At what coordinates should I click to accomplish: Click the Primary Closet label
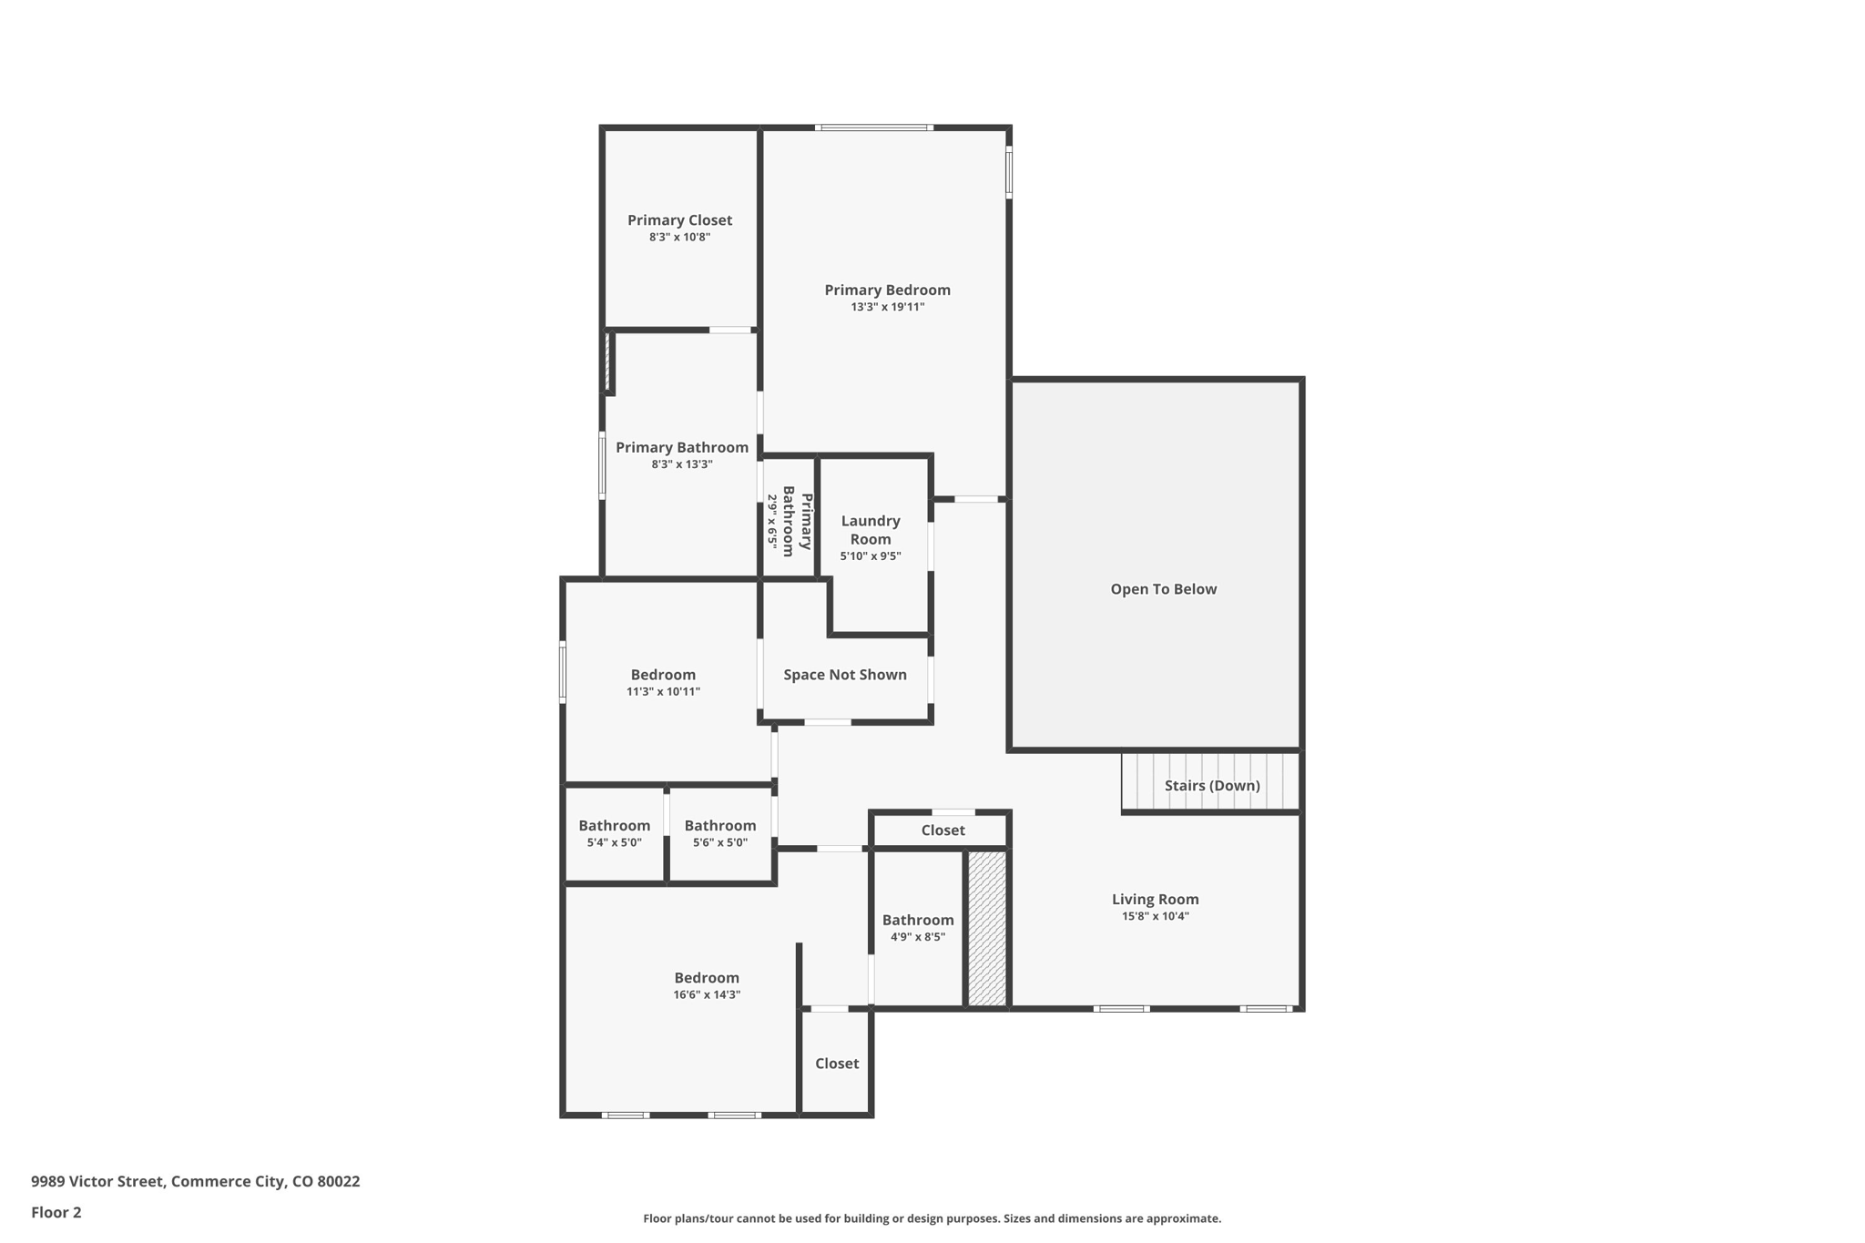[679, 220]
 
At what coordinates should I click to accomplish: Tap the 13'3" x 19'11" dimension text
[887, 307]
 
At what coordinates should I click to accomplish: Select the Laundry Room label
[870, 530]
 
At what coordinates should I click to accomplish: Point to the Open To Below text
[1163, 589]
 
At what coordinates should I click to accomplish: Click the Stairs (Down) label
[1211, 785]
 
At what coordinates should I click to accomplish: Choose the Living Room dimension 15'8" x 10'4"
[1155, 916]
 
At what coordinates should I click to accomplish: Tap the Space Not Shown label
[844, 675]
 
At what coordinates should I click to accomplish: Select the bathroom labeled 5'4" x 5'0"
[614, 832]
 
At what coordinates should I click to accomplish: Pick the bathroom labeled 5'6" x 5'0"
[719, 832]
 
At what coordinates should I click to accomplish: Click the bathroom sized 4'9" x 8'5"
[917, 927]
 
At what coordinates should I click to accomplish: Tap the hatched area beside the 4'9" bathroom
[986, 928]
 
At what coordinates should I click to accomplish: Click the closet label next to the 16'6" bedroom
[836, 1064]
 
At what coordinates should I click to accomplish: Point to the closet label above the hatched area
[942, 830]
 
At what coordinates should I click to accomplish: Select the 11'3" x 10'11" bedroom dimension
[663, 691]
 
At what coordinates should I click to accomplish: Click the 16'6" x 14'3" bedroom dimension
[706, 994]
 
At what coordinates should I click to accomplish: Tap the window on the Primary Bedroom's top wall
[873, 127]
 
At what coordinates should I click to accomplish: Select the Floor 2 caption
[56, 1212]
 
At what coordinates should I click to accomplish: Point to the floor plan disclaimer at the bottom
[931, 1218]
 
